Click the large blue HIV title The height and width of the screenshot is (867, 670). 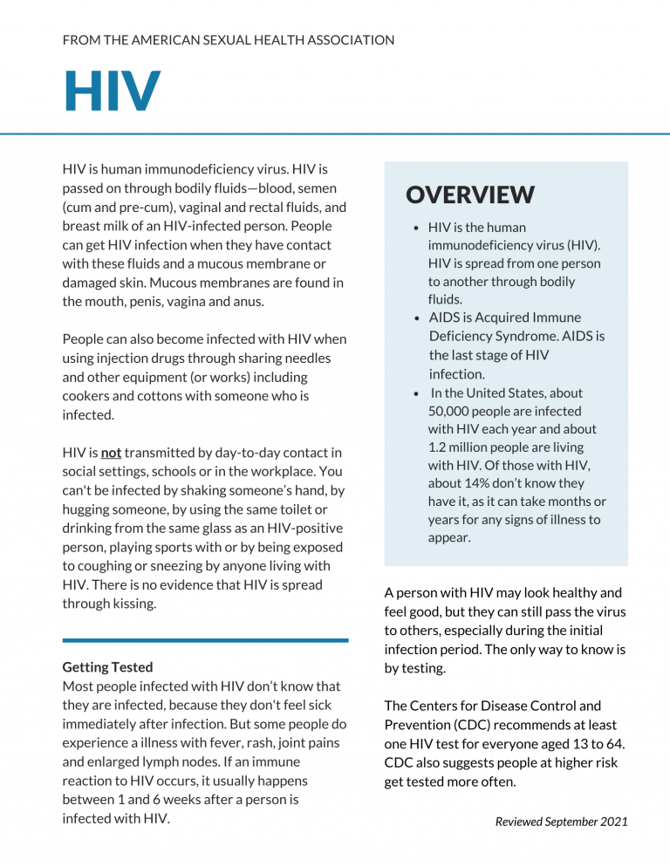[x=112, y=92]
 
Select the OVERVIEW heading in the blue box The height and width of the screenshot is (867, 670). [x=470, y=195]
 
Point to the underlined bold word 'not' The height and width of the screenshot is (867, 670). [x=111, y=453]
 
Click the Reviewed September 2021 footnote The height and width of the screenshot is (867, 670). [x=561, y=822]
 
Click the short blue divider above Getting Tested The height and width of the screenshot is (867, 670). [x=205, y=640]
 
